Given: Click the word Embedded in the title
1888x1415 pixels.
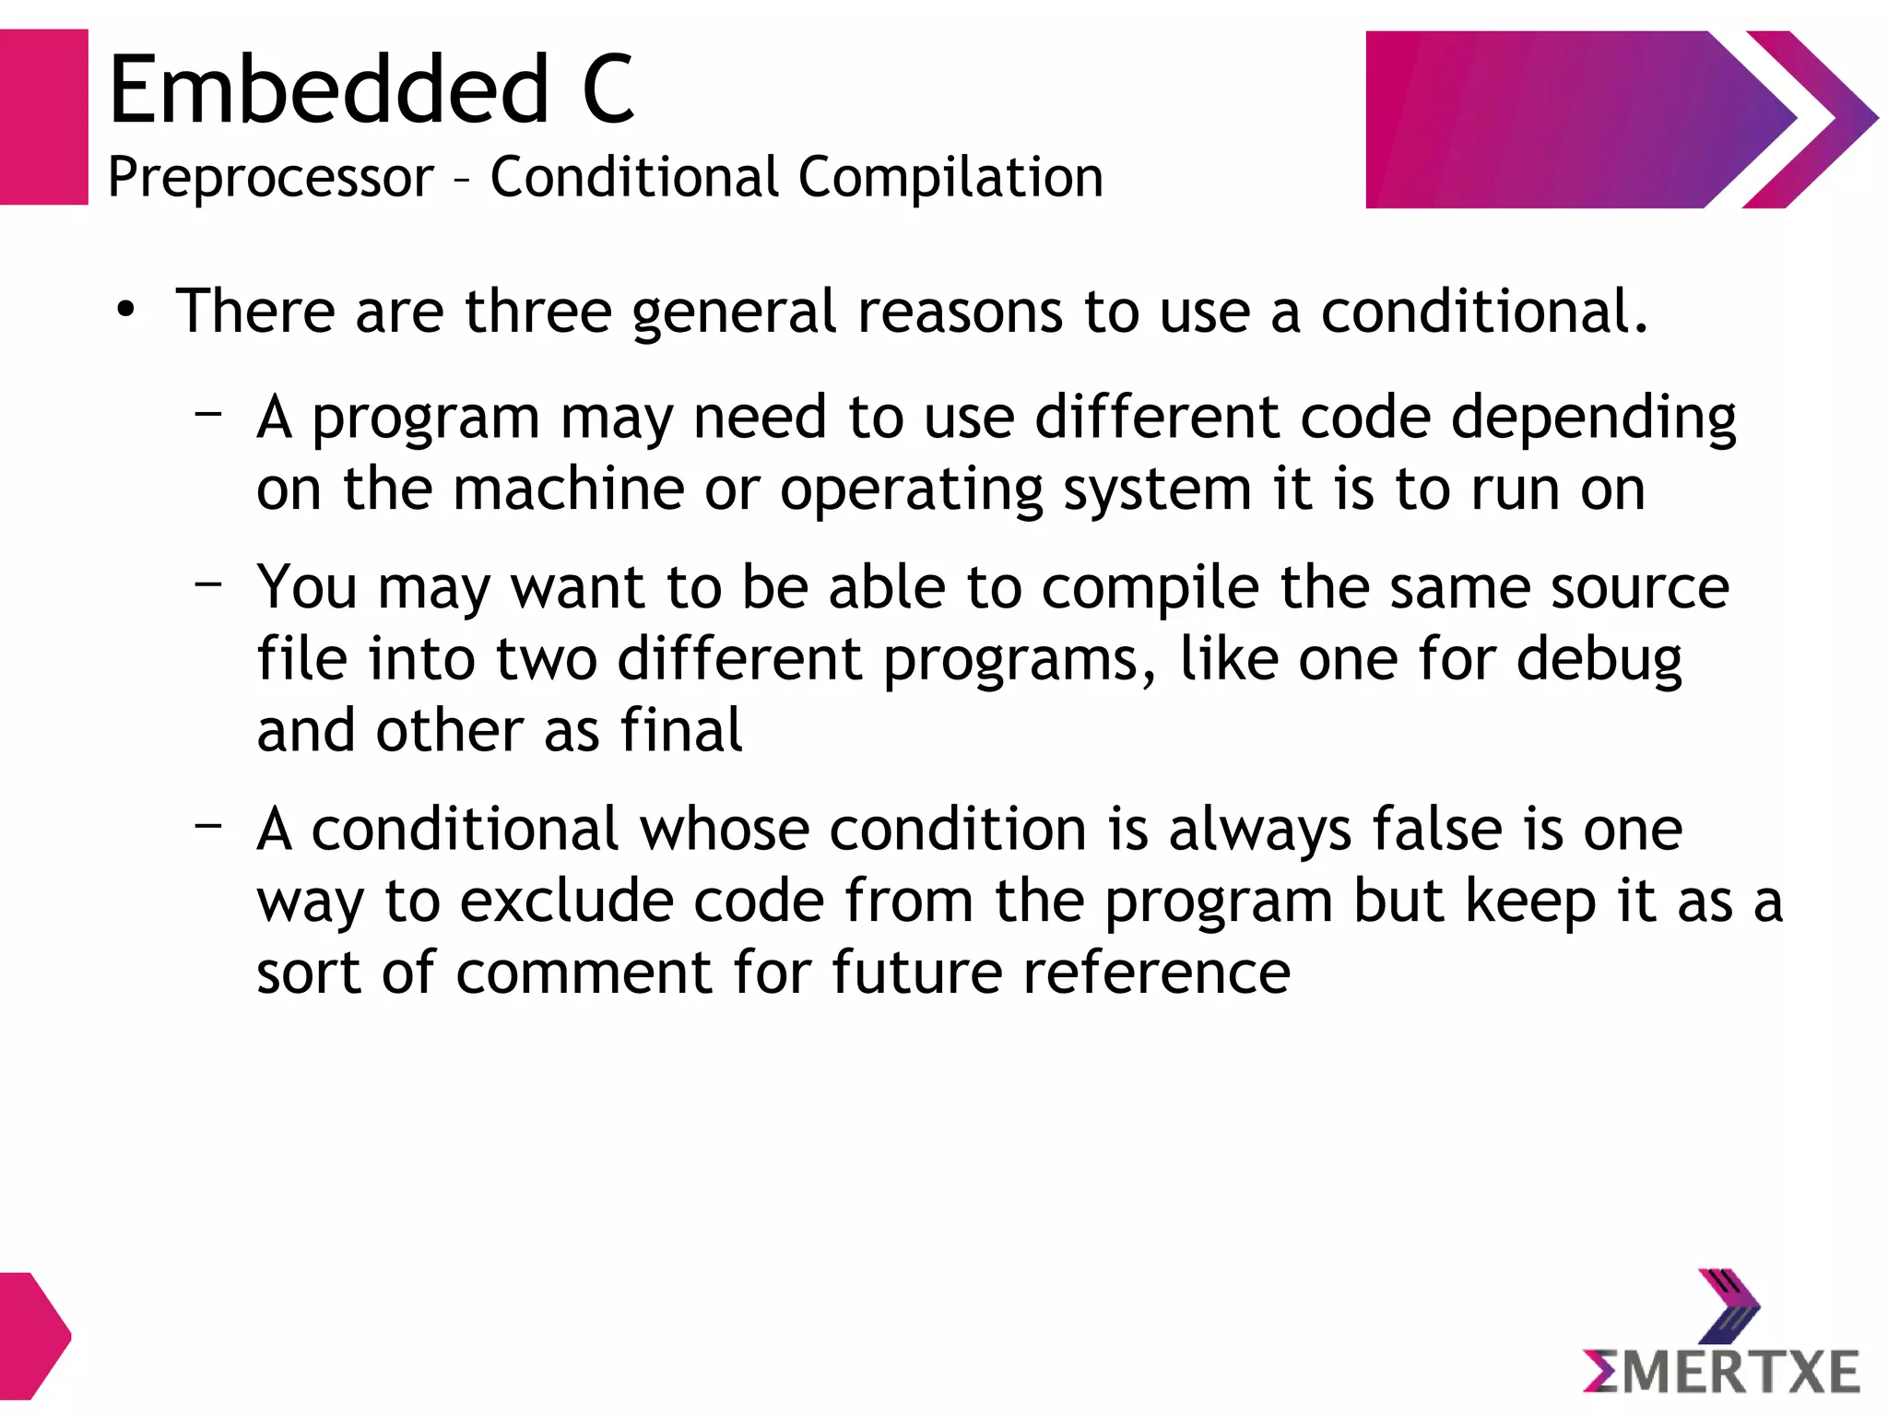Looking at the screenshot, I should (329, 89).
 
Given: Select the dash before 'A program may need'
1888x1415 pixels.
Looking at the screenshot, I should (209, 412).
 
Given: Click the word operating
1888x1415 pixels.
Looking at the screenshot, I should (911, 489).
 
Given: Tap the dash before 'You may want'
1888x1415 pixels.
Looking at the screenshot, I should (209, 583).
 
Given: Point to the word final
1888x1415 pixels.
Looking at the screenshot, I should (680, 730).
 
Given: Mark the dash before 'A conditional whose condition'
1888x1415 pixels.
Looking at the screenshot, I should (209, 824).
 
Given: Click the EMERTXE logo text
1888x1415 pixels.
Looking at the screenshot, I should (1721, 1372).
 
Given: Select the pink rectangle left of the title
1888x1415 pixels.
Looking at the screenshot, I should (43, 117).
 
